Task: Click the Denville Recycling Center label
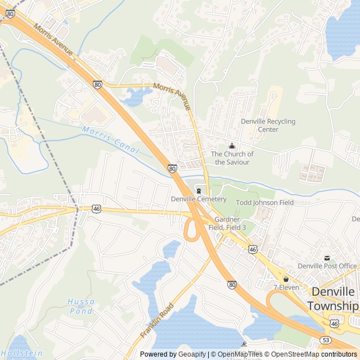(x=268, y=125)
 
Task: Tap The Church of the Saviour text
(x=232, y=158)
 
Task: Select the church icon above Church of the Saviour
(x=232, y=146)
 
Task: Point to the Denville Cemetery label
(x=199, y=199)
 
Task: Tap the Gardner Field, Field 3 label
(x=231, y=223)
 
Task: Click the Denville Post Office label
(x=327, y=266)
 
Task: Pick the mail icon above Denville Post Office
(x=327, y=258)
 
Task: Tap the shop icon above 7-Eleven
(x=286, y=279)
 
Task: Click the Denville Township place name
(x=332, y=299)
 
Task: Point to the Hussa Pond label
(x=81, y=305)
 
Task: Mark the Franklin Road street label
(x=156, y=319)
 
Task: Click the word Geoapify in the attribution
(x=192, y=354)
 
